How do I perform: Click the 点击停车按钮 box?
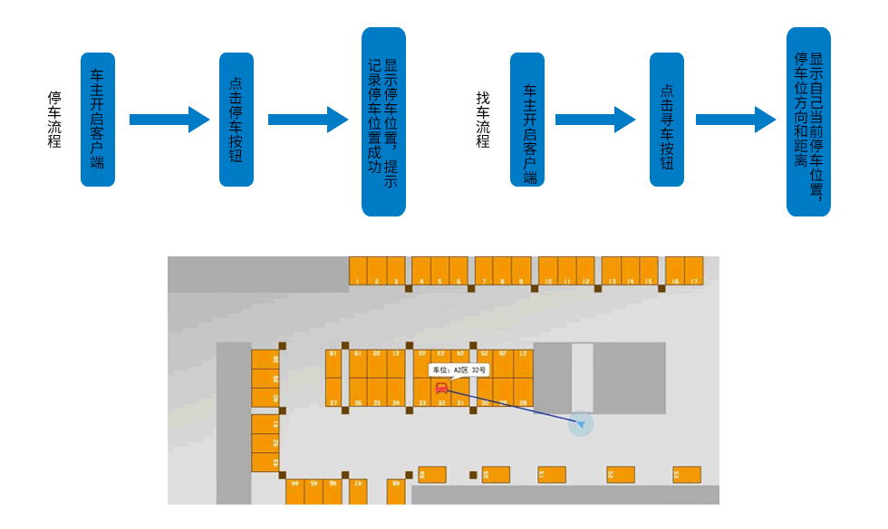[236, 120]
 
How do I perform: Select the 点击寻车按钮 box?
[667, 120]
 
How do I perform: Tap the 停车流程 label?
[55, 120]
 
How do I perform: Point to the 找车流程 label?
[483, 120]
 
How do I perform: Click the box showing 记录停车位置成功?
[383, 121]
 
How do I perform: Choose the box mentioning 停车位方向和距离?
[808, 121]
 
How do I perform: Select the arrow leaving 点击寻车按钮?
[735, 120]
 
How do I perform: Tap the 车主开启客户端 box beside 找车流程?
[527, 120]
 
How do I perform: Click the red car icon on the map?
[441, 389]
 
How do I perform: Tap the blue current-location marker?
[581, 423]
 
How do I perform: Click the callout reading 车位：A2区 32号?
[458, 370]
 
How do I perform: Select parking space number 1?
[358, 271]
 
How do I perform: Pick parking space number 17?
[694, 271]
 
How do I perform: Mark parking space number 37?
[333, 392]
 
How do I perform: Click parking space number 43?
[265, 462]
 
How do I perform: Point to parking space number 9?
[521, 271]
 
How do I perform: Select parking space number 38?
[265, 359]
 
